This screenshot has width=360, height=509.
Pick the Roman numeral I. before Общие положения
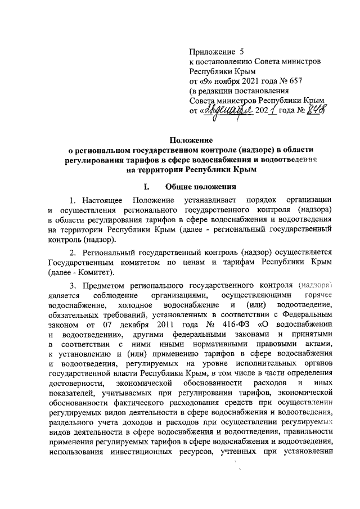coord(147,186)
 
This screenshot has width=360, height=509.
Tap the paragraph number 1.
coord(72,201)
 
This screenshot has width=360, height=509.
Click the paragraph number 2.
coord(72,252)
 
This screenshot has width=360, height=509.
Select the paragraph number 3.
coord(72,285)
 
